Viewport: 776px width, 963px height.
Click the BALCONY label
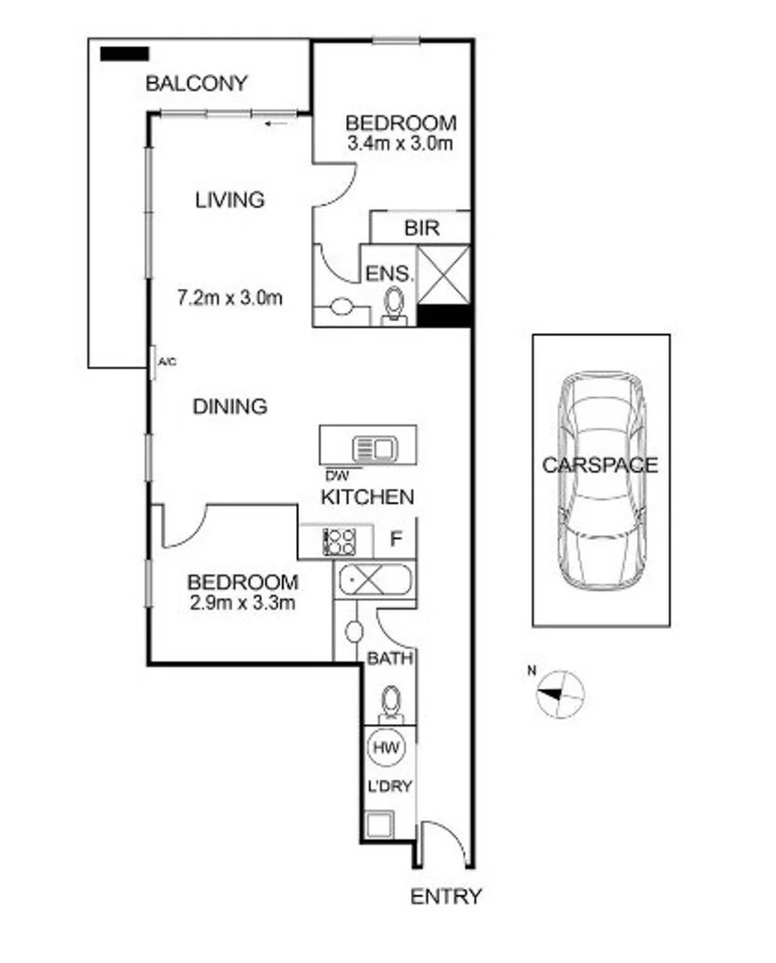coord(196,84)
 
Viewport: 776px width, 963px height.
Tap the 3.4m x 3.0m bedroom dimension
coord(400,143)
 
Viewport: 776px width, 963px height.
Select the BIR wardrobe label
coord(422,227)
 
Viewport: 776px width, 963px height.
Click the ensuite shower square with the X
coord(443,274)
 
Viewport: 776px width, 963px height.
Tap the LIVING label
coord(230,199)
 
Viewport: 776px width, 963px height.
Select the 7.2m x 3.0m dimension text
coord(230,298)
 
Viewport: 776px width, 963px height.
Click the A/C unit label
coord(166,362)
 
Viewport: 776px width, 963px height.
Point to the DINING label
coord(230,407)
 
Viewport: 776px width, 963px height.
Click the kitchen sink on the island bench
coord(374,448)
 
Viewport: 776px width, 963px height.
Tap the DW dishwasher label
coord(337,473)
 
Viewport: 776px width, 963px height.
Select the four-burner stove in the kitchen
coord(339,541)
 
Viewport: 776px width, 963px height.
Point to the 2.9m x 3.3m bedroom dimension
coord(243,603)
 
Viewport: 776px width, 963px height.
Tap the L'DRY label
coord(389,788)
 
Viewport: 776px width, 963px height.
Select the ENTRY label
coord(446,896)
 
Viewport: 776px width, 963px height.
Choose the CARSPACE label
coord(600,465)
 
